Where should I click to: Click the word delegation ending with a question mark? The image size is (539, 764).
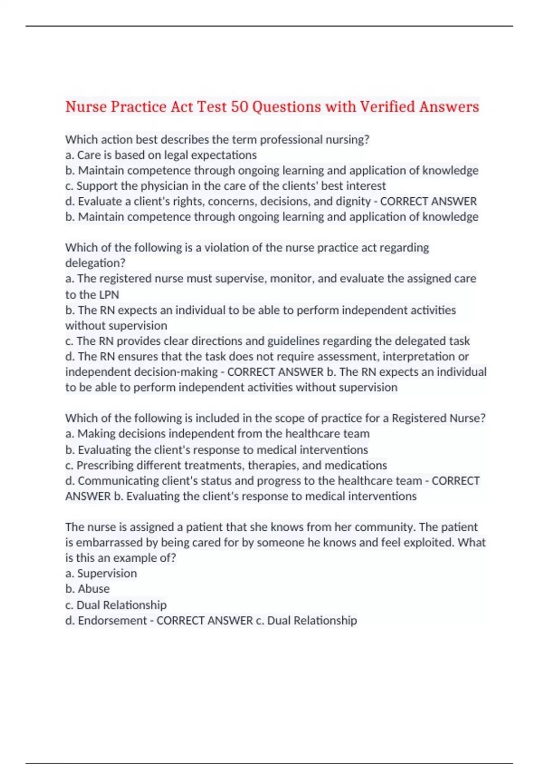click(x=95, y=263)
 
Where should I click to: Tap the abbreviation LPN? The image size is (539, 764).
click(x=106, y=295)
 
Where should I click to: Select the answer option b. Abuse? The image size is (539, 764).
click(x=88, y=589)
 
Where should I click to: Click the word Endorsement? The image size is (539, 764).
click(x=112, y=621)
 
